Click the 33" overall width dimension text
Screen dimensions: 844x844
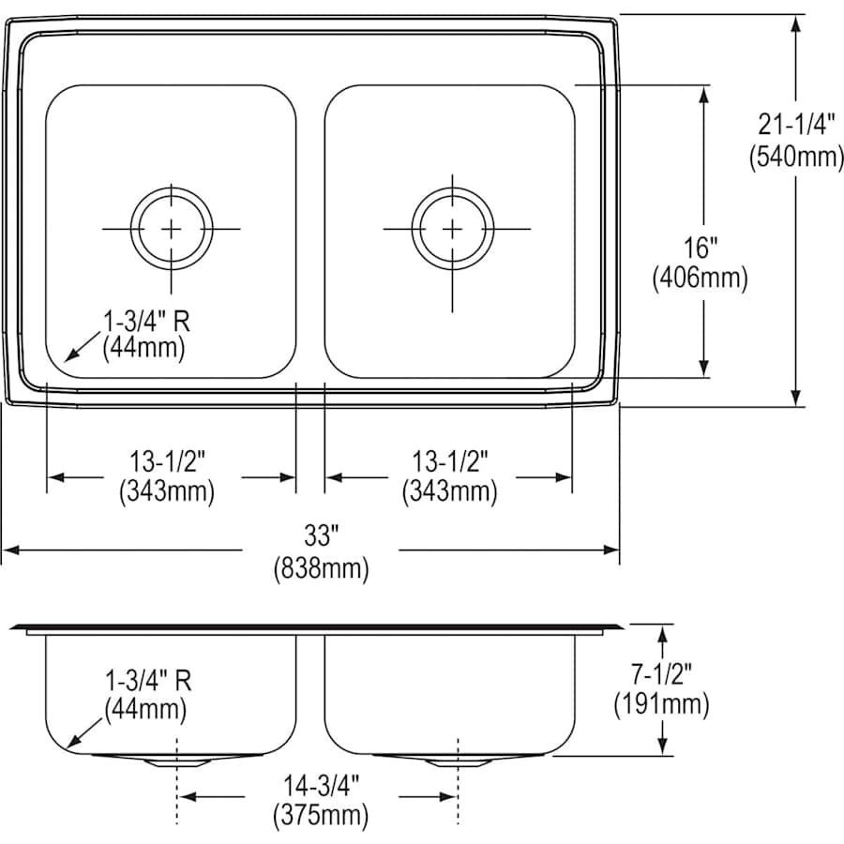pyautogui.click(x=320, y=536)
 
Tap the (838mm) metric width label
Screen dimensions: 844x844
pyautogui.click(x=320, y=566)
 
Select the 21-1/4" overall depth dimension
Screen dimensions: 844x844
pyautogui.click(x=796, y=128)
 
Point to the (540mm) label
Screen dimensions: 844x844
pyautogui.click(x=796, y=158)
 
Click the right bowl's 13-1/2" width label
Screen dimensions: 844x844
pyautogui.click(x=450, y=460)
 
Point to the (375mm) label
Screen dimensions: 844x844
pyautogui.click(x=320, y=813)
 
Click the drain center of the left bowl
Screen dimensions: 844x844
pyautogui.click(x=172, y=228)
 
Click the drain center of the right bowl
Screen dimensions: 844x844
pyautogui.click(x=452, y=228)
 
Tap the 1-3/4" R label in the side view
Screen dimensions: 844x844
pyautogui.click(x=147, y=681)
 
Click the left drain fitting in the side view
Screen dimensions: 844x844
pyautogui.click(x=173, y=761)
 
